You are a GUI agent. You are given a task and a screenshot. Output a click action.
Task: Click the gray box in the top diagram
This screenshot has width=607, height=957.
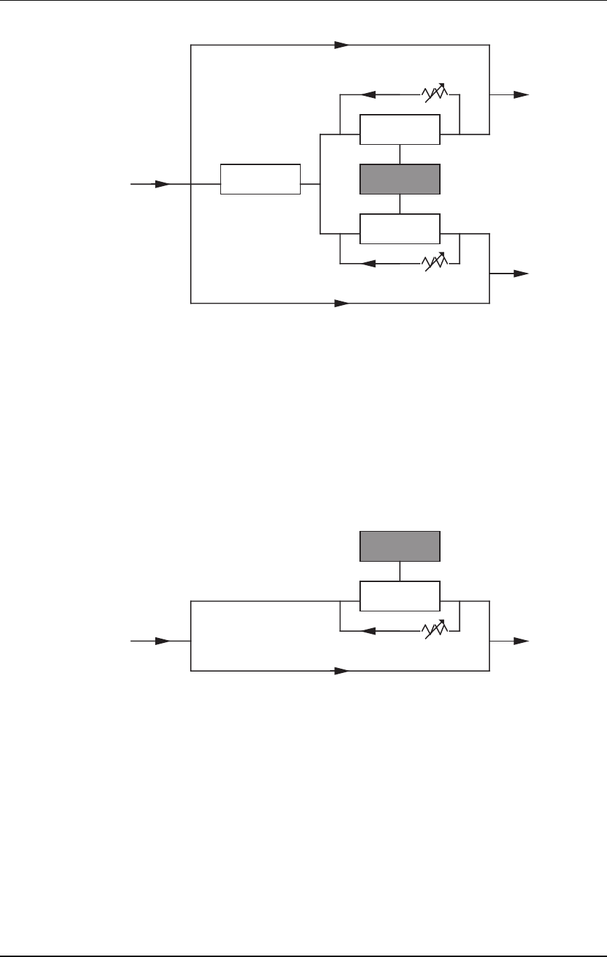pos(400,179)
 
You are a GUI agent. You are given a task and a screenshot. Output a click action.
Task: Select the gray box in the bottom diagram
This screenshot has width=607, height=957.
pos(400,546)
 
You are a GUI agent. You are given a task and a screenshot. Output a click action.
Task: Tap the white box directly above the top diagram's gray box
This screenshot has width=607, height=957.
pos(400,129)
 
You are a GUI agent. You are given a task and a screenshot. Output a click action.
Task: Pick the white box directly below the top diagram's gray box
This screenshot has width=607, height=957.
pos(400,229)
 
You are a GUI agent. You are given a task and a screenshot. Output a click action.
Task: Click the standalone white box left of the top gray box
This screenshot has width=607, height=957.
pos(260,179)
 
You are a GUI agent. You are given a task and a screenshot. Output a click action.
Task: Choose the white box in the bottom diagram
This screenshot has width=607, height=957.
pos(400,596)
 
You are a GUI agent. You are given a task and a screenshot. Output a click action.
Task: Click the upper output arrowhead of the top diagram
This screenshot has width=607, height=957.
pos(522,94)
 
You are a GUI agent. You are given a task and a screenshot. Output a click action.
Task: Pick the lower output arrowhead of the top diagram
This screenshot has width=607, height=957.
pos(522,274)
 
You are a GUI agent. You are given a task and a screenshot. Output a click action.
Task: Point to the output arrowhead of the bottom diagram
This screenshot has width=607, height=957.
pos(522,641)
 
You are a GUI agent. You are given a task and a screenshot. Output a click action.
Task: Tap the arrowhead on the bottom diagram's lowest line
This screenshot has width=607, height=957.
pos(341,671)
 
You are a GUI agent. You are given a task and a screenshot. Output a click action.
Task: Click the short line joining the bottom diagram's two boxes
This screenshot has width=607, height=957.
pos(400,571)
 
